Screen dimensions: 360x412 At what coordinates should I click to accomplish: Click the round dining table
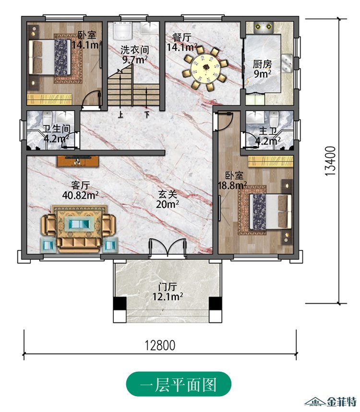(x=205, y=68)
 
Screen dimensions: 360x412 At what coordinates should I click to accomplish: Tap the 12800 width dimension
(x=160, y=345)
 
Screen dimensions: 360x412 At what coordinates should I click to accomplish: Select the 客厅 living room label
(x=81, y=185)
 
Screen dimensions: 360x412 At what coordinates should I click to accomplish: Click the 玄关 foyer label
(x=168, y=194)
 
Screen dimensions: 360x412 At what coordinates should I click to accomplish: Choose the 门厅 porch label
(x=168, y=286)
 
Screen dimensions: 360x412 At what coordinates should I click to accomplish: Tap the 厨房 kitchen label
(x=262, y=64)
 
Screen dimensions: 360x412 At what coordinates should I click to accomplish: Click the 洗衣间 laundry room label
(x=134, y=50)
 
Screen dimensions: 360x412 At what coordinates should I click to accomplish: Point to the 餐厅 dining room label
(x=181, y=37)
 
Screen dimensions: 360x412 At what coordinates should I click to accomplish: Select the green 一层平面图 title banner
(x=179, y=384)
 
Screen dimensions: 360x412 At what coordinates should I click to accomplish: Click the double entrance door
(x=168, y=247)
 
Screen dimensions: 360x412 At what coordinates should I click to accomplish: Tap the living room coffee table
(x=79, y=224)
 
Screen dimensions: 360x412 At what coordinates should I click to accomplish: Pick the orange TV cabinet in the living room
(x=78, y=161)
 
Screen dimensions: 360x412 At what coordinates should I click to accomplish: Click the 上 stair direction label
(x=120, y=115)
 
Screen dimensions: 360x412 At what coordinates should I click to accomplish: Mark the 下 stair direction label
(x=147, y=115)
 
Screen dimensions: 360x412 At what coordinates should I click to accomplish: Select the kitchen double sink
(x=287, y=63)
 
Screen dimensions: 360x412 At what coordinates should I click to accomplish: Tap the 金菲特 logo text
(x=342, y=401)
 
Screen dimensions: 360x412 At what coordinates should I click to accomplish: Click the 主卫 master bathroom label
(x=268, y=131)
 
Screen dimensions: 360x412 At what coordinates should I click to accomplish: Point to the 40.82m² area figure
(x=81, y=195)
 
